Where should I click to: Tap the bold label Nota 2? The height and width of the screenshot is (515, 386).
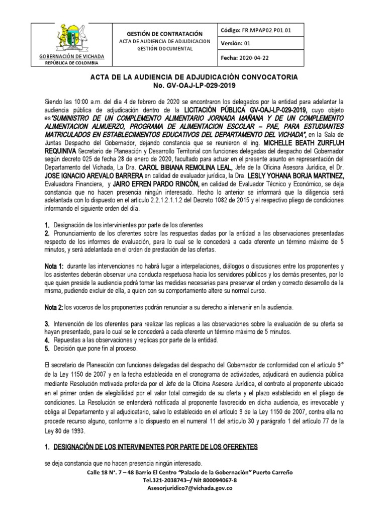[x=54, y=306]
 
